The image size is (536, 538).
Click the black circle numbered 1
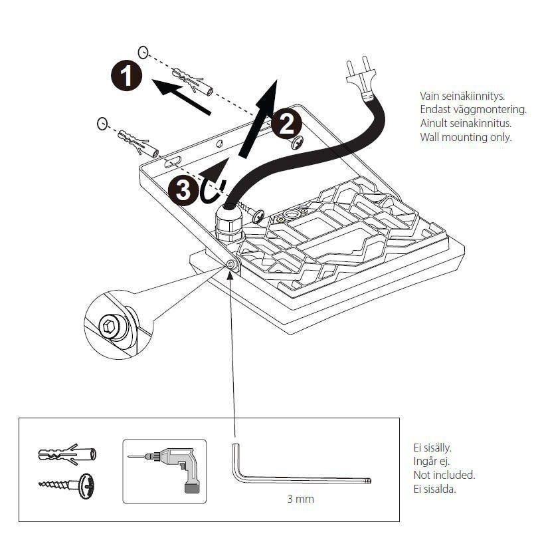point(126,76)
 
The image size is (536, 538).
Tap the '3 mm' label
point(300,498)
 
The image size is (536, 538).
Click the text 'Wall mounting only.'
point(466,138)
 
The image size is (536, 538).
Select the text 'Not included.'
point(444,475)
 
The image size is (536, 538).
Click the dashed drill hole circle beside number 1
point(143,51)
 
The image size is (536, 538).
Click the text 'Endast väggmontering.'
point(473,110)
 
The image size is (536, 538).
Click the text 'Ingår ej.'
point(432,462)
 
